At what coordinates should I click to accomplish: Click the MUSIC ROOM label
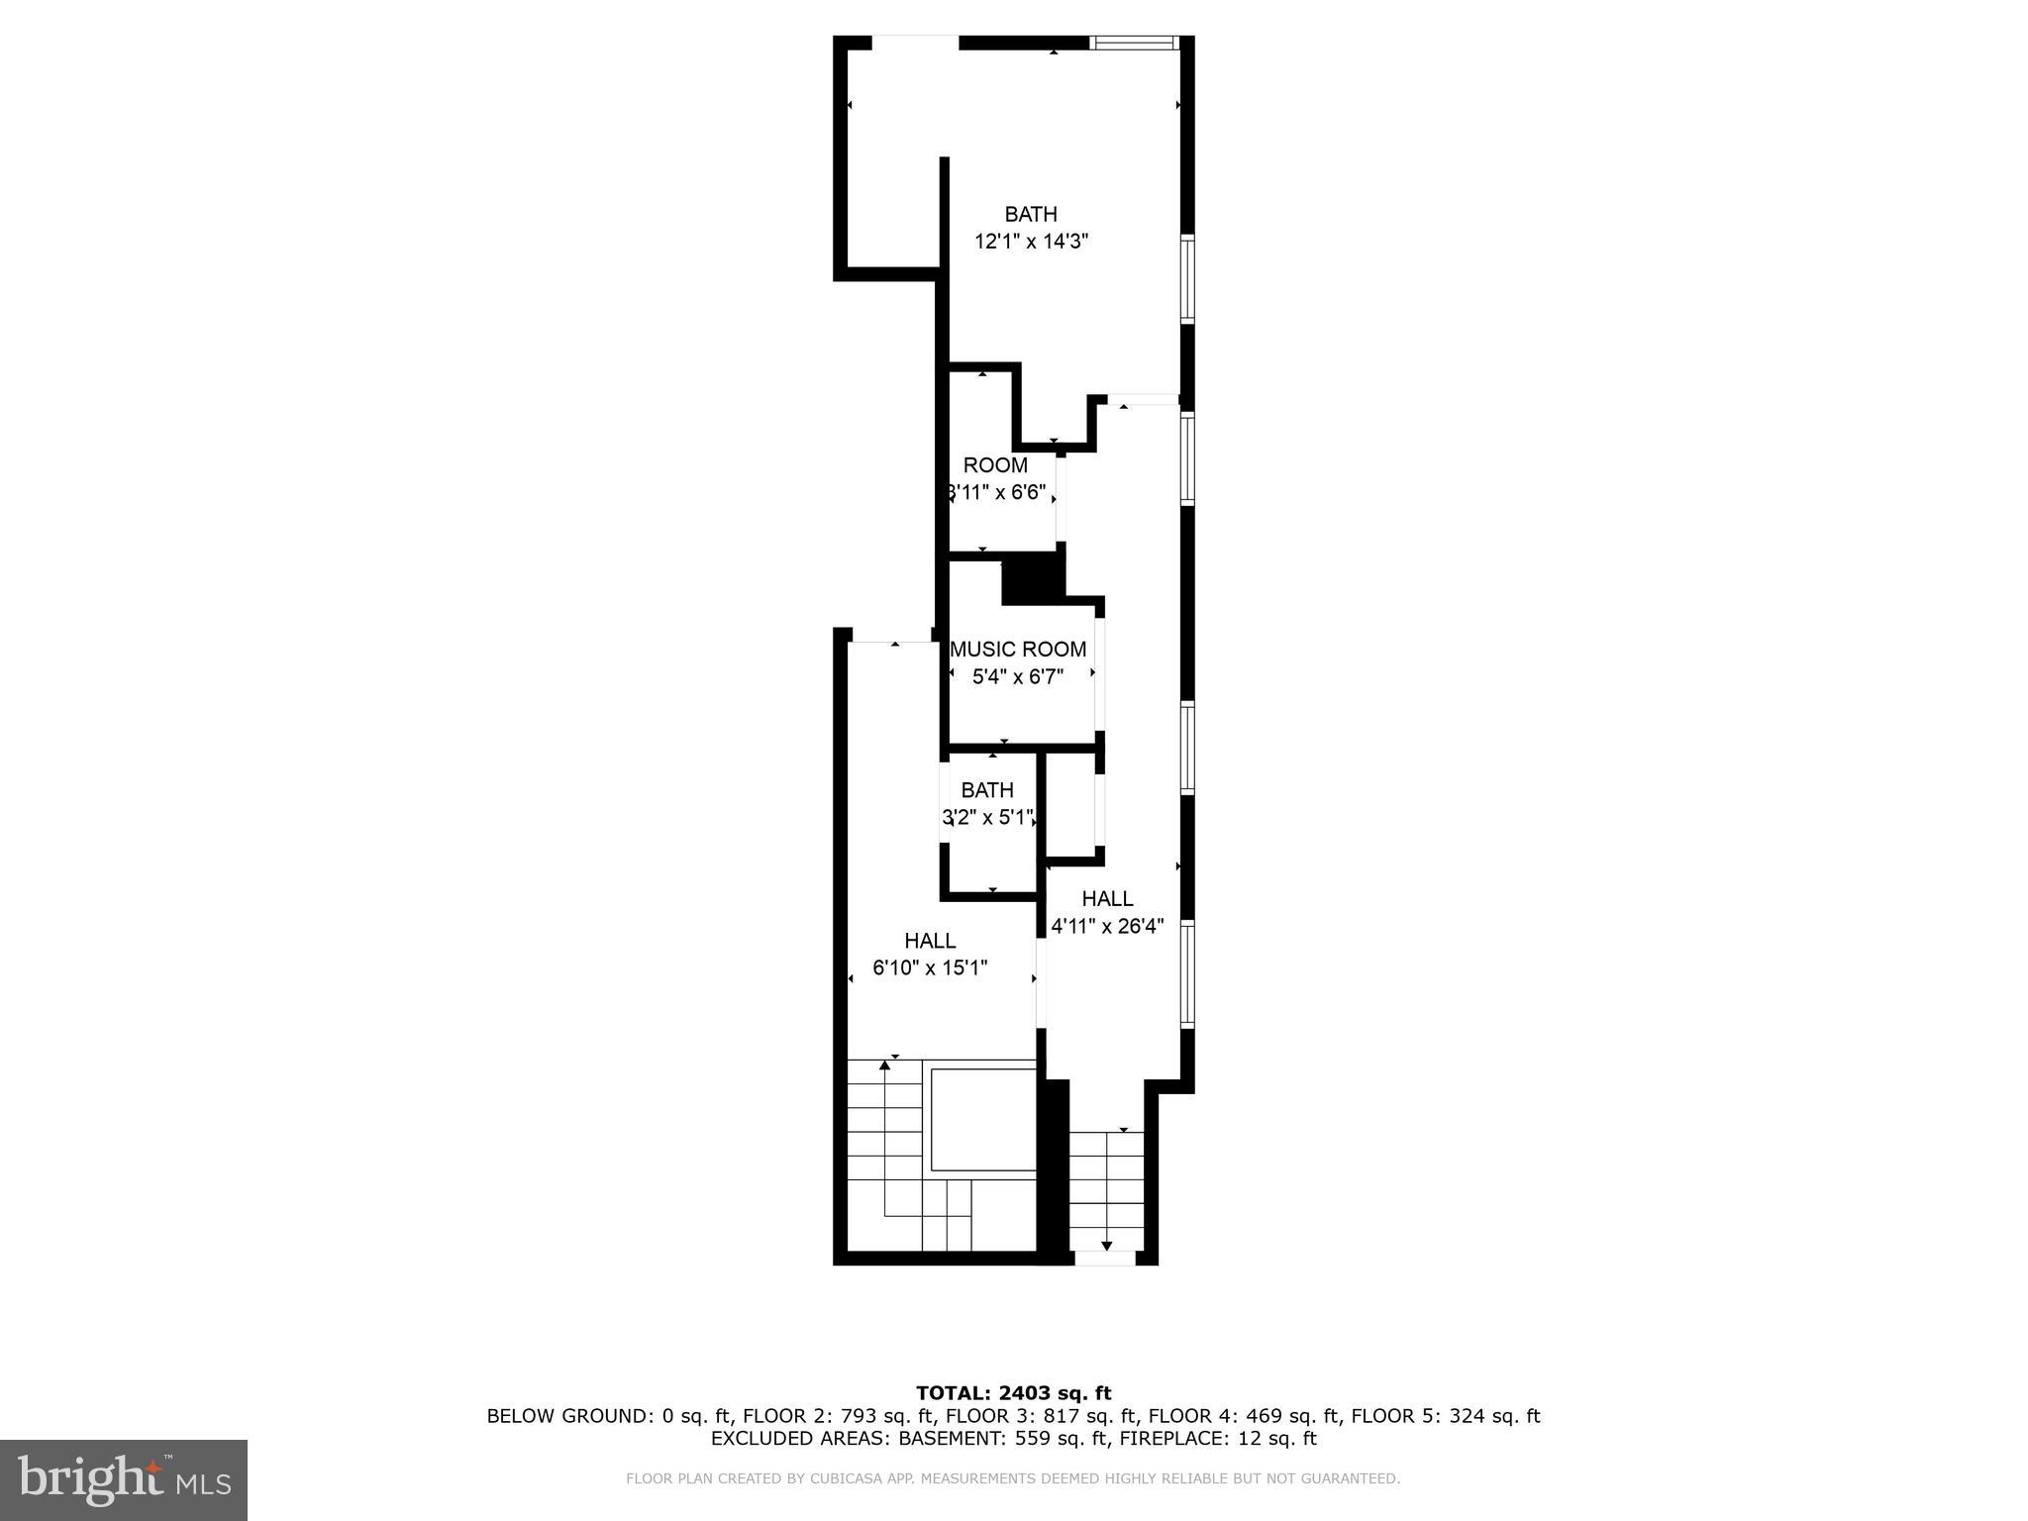pyautogui.click(x=1018, y=650)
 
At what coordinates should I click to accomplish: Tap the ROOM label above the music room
pyautogui.click(x=995, y=465)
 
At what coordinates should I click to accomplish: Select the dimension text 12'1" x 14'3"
pyautogui.click(x=1031, y=242)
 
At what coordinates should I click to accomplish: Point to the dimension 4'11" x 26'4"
pyautogui.click(x=1107, y=927)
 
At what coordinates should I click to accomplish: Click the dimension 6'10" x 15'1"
pyautogui.click(x=930, y=968)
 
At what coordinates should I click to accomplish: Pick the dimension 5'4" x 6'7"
pyautogui.click(x=1018, y=677)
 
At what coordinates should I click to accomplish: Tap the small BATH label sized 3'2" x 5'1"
pyautogui.click(x=987, y=790)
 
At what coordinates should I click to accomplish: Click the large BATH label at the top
pyautogui.click(x=1031, y=214)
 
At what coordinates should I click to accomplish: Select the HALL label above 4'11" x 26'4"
pyautogui.click(x=1107, y=899)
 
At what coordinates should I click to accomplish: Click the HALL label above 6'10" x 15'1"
pyautogui.click(x=930, y=941)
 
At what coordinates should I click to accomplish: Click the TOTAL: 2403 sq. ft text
pyautogui.click(x=1013, y=1394)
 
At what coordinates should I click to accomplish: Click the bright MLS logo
pyautogui.click(x=124, y=1480)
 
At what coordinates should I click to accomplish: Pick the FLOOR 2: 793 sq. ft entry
pyautogui.click(x=838, y=1416)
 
